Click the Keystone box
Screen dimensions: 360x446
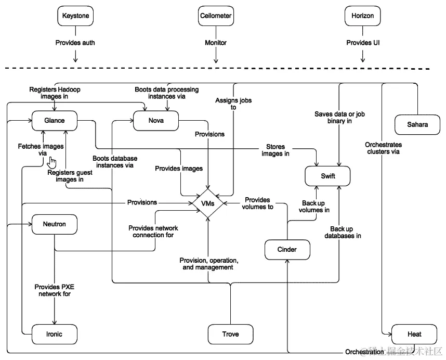point(75,16)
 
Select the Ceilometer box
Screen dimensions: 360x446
point(215,16)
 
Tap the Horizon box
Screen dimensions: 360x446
point(362,16)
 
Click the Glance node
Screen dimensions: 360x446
point(55,121)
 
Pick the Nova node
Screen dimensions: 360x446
point(156,121)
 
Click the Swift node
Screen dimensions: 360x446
point(327,176)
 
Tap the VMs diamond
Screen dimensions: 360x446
point(208,202)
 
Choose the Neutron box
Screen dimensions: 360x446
point(55,225)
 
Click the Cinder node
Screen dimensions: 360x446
point(287,250)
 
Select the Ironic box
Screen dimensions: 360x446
point(55,333)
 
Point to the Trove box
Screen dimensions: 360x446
point(230,333)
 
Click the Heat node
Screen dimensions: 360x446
point(414,333)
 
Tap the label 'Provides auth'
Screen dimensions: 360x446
point(75,43)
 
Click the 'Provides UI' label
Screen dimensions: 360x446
point(363,43)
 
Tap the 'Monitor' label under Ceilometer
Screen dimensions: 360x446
point(215,43)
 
